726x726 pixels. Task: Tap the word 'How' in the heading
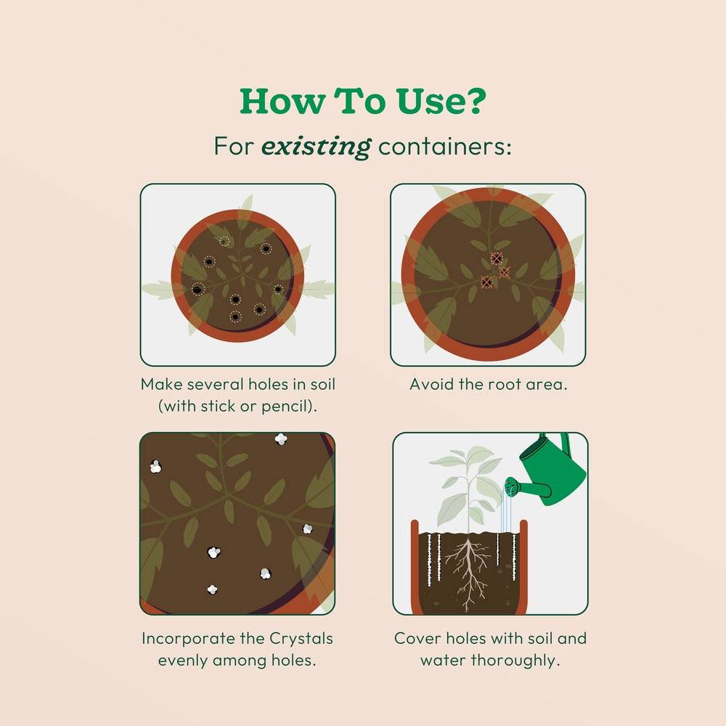click(282, 101)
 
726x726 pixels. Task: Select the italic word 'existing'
click(317, 147)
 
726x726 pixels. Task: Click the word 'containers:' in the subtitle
click(445, 147)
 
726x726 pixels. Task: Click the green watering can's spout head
click(510, 486)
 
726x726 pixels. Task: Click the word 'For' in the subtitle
click(234, 147)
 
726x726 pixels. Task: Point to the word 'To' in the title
click(360, 101)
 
